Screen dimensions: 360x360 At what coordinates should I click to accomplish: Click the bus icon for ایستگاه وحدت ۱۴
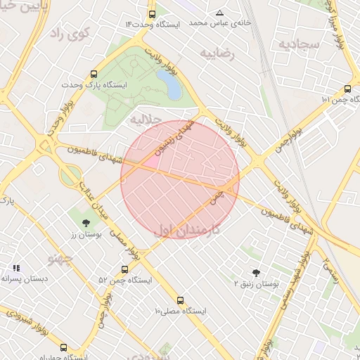[x=153, y=14]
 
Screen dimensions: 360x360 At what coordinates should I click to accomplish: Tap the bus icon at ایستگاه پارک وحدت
[x=94, y=74]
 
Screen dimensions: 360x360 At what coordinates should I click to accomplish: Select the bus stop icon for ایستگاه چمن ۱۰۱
[x=347, y=89]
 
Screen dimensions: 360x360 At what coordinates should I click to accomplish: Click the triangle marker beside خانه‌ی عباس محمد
[x=219, y=13]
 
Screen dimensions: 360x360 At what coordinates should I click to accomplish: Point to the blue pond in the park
[x=171, y=85]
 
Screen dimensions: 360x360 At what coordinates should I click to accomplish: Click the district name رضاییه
[x=217, y=53]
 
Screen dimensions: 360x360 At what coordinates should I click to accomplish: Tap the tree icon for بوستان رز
[x=86, y=223]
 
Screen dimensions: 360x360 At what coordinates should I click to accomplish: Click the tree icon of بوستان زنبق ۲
[x=256, y=273]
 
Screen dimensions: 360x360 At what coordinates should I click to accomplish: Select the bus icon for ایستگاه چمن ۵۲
[x=125, y=269]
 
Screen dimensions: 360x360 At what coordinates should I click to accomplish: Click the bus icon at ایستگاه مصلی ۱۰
[x=181, y=300]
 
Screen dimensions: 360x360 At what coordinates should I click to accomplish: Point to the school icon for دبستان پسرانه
[x=16, y=268]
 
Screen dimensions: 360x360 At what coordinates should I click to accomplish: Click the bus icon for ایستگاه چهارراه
[x=64, y=347]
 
